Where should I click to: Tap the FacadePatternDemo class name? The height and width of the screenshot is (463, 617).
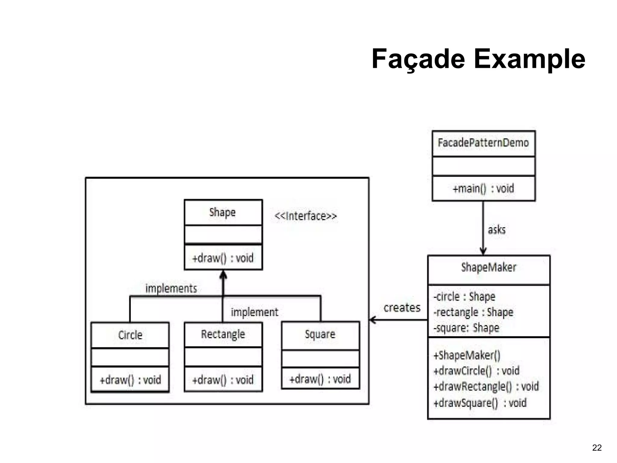pos(483,143)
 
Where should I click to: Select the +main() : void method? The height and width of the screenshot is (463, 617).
pos(483,189)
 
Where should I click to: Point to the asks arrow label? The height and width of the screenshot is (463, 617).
pos(496,230)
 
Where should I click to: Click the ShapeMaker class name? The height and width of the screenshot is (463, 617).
pos(489,267)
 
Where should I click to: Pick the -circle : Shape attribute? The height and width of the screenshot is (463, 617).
pos(464,297)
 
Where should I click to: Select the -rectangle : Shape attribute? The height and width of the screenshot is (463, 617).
pos(473,313)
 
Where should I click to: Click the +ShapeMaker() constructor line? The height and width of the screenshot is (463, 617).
pos(467,355)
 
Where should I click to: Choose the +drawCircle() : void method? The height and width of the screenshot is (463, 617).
pos(476,371)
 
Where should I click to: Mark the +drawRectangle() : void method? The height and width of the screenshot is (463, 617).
pos(486,387)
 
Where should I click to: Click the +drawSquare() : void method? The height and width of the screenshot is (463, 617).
pos(480,403)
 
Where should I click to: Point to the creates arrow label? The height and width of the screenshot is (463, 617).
pos(402,308)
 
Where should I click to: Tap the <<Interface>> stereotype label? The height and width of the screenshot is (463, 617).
pos(305,216)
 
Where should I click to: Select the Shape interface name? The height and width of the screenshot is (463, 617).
pos(222,213)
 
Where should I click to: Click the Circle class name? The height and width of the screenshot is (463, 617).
pos(130,335)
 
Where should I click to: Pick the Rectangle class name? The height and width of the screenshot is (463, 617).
pos(223,334)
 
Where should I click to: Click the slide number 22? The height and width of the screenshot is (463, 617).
pos(597,448)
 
